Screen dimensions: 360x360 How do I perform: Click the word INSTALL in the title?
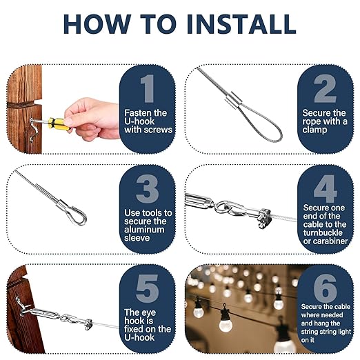point(241,24)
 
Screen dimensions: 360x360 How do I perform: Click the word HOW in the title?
point(97,24)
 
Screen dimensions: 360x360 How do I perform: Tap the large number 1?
point(148,88)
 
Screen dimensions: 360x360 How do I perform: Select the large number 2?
point(325,88)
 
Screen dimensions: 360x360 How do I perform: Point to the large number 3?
point(148,188)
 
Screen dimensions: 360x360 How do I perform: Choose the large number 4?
point(326,188)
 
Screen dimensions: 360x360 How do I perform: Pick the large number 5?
point(148,288)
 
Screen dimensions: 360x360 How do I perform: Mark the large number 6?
point(325,288)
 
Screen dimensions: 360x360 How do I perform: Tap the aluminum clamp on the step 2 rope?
point(232,99)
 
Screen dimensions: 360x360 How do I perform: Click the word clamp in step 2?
point(314,130)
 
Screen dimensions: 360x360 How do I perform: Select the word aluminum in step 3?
point(144,230)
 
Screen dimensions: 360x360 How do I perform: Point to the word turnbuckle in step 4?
point(323,232)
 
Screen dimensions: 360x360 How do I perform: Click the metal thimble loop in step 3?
point(76,214)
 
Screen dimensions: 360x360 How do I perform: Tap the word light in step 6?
point(343,332)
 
